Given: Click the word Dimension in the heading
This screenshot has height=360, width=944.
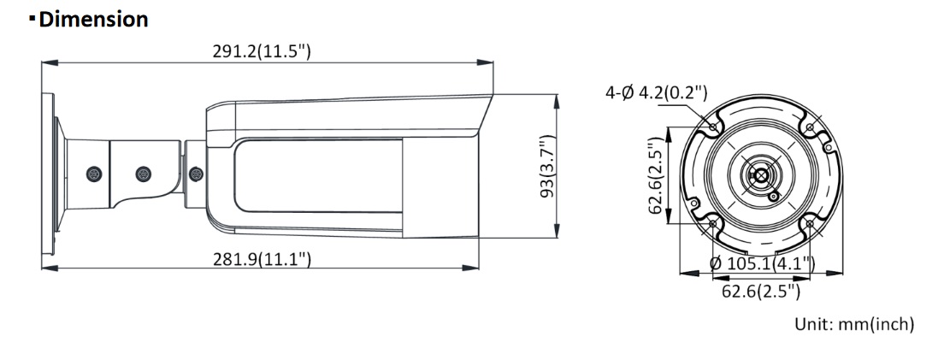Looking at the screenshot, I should [x=94, y=20].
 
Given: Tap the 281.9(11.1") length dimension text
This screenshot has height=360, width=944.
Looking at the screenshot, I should [x=261, y=258].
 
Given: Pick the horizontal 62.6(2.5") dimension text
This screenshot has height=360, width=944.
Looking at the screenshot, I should [x=760, y=292].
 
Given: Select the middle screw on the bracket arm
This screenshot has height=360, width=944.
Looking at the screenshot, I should [x=144, y=174].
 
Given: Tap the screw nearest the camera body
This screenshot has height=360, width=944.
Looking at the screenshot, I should [x=196, y=174].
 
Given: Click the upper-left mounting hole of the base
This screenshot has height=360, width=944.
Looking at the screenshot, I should [x=714, y=127].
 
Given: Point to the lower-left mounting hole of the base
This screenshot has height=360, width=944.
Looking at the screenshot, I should [x=714, y=224].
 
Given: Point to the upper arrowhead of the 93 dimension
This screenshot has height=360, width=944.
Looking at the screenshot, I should [x=558, y=99].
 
